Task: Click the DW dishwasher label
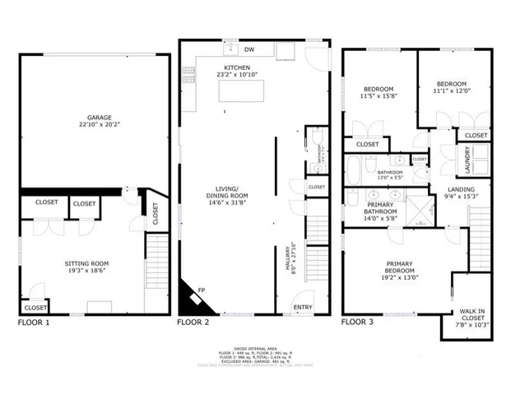tap(249, 49)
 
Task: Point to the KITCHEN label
tap(238, 67)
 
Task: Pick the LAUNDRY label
tap(468, 159)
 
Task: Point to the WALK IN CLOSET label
tap(472, 313)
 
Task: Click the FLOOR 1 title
tap(34, 323)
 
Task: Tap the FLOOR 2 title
tap(193, 323)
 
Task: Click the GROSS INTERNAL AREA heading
tap(255, 349)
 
